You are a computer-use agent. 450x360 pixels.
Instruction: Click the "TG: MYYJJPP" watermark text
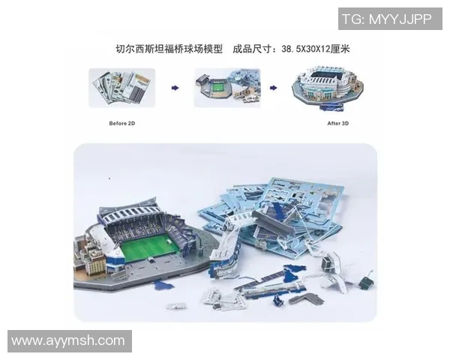pos(386,20)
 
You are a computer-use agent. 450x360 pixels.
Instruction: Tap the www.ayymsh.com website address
pos(68,340)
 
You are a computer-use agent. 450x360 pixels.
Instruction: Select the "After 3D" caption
pos(337,118)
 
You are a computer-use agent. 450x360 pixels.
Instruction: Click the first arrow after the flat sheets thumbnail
pos(175,88)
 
